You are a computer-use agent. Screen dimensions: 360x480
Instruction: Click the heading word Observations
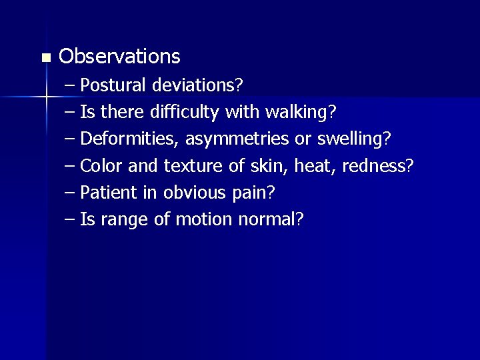(119, 57)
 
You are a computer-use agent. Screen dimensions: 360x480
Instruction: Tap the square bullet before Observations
(45, 59)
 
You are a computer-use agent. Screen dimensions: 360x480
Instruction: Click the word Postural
(113, 86)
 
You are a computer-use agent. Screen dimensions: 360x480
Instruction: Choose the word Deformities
(130, 139)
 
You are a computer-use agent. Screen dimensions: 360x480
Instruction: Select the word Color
(100, 166)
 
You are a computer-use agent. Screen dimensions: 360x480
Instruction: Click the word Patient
(108, 193)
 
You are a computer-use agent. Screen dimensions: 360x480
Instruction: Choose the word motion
(201, 219)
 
